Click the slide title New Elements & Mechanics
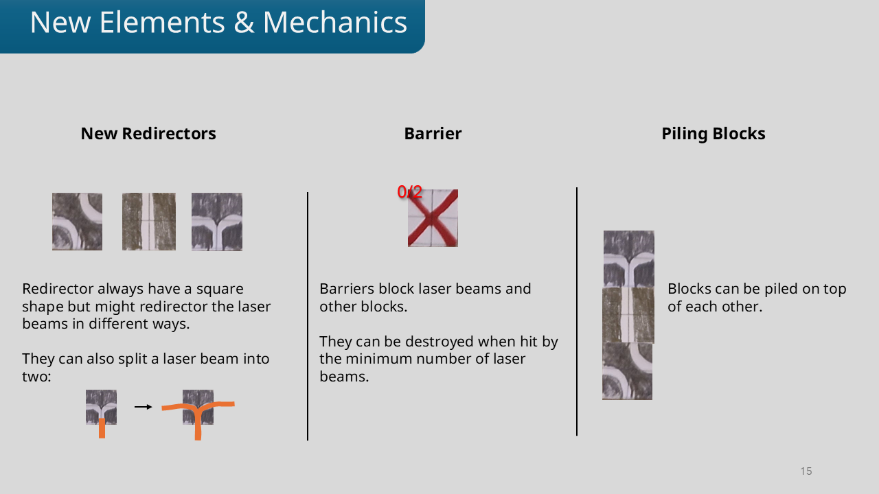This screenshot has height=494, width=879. (218, 23)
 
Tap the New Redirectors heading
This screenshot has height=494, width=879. (148, 134)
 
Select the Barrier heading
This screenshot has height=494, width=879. (433, 134)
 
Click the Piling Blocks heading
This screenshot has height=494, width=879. (713, 134)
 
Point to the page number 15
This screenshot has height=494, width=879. (806, 471)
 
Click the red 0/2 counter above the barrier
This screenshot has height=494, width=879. (410, 192)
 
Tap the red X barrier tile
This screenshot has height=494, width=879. (433, 219)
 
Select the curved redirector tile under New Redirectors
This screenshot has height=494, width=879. (77, 222)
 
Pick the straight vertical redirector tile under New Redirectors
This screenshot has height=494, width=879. (149, 222)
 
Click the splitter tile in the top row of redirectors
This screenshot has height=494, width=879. (217, 222)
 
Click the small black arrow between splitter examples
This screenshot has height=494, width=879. (143, 407)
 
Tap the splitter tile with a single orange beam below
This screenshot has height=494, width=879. (101, 407)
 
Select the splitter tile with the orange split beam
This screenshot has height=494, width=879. (198, 407)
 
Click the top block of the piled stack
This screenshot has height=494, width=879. (629, 259)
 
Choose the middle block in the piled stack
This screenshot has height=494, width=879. (628, 316)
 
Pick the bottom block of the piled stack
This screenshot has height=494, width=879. (627, 371)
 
